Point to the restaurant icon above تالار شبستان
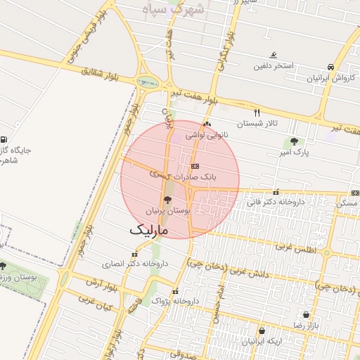(x=257, y=112)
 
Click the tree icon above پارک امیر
(x=295, y=141)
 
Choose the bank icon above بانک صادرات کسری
(x=195, y=165)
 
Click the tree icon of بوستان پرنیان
(x=167, y=200)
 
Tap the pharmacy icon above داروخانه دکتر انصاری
(x=134, y=255)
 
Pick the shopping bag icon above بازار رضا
(x=306, y=315)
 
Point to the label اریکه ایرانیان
(x=262, y=342)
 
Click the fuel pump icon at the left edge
(x=6, y=139)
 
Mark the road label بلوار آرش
(x=101, y=284)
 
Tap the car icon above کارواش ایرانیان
(x=330, y=67)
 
